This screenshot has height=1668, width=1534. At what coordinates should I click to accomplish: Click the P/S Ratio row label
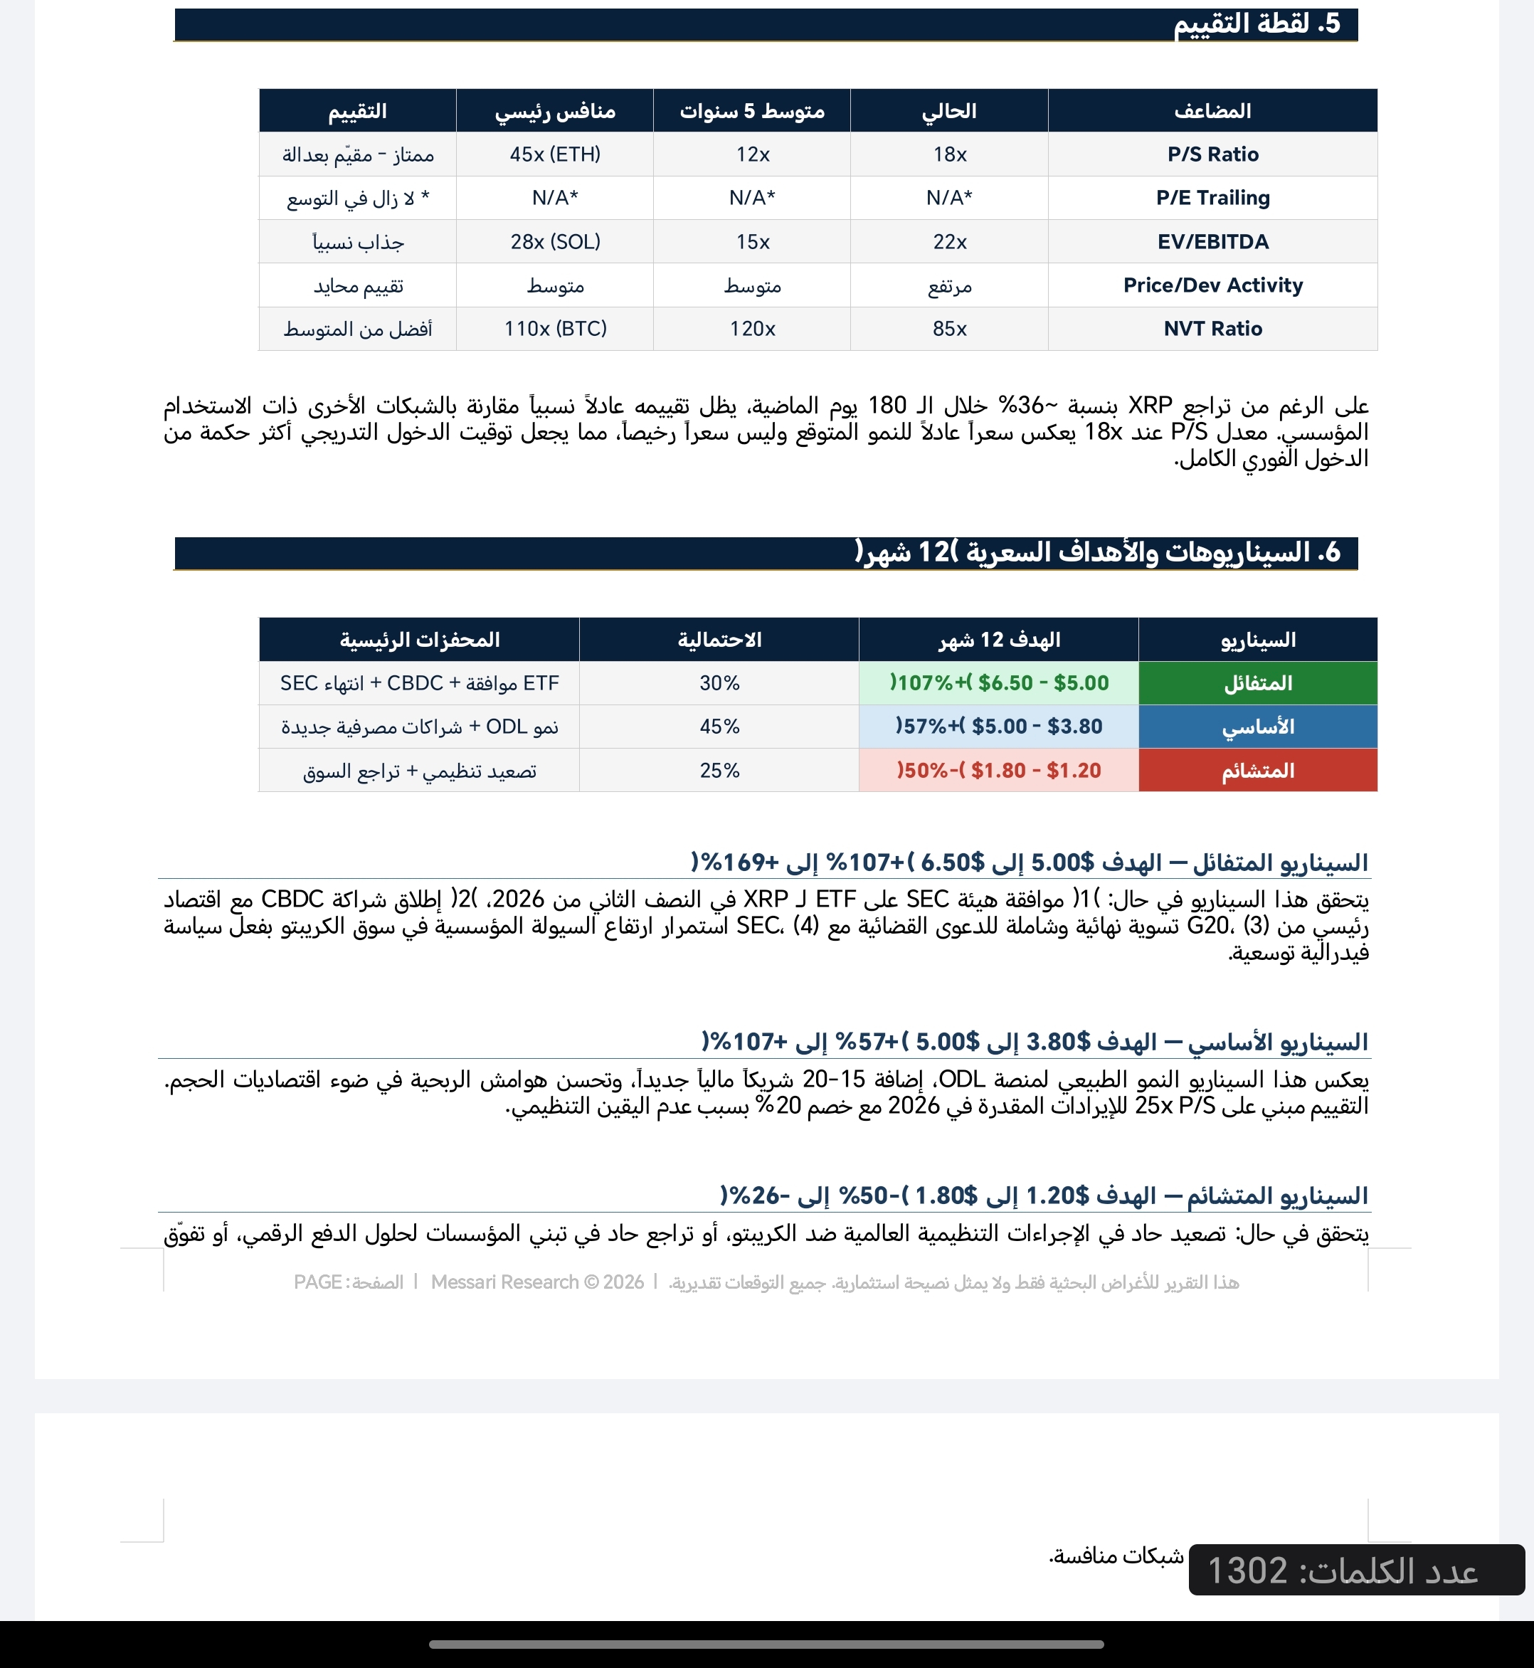coord(1212,154)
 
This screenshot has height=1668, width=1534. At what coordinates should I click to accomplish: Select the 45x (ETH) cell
coord(554,154)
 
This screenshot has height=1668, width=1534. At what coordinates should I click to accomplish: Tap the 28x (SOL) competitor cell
coord(554,242)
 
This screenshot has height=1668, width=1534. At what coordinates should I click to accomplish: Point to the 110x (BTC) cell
coord(554,329)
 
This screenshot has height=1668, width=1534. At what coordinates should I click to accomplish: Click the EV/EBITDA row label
coord(1212,242)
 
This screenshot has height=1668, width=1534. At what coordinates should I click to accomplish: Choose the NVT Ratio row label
coord(1212,329)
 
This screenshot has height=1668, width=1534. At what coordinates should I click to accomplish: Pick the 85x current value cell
coord(949,329)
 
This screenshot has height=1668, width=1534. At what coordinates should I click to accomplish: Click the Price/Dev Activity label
coord(1212,285)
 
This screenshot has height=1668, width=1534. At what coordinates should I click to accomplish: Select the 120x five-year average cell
coord(752,329)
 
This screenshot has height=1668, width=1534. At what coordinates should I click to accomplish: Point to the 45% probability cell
coord(719,727)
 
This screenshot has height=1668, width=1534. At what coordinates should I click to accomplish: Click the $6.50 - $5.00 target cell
coord(999,683)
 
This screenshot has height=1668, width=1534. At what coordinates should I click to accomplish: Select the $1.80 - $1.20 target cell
coord(999,771)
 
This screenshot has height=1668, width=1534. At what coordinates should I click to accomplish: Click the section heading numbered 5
coord(1256,24)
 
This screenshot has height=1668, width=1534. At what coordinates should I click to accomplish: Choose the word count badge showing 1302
coord(1355,1570)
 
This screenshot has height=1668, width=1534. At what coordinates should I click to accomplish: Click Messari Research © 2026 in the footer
coord(537,1282)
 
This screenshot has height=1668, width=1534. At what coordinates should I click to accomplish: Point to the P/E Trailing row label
coord(1212,198)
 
